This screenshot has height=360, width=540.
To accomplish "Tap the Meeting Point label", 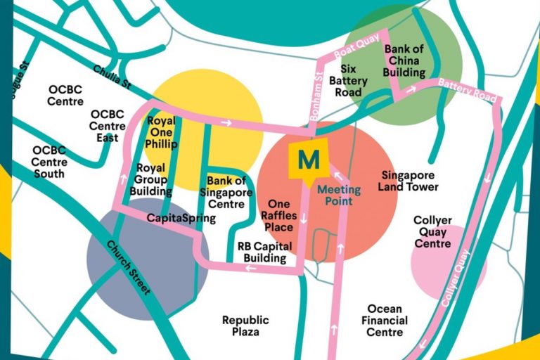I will click(338, 195).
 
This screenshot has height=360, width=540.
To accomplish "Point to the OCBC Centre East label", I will click(108, 126).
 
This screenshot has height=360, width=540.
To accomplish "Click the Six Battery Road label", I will click(349, 81).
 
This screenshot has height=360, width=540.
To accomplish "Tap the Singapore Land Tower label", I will click(408, 181).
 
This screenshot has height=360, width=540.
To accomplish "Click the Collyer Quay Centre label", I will click(432, 231).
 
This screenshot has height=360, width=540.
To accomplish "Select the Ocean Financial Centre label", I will click(384, 320).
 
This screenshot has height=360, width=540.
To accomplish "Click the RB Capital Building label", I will click(261, 252).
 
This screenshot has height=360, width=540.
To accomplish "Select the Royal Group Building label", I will click(151, 179).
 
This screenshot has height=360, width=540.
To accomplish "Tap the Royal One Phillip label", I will click(162, 132).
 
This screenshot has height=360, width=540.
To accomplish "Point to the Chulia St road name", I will click(112, 78).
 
